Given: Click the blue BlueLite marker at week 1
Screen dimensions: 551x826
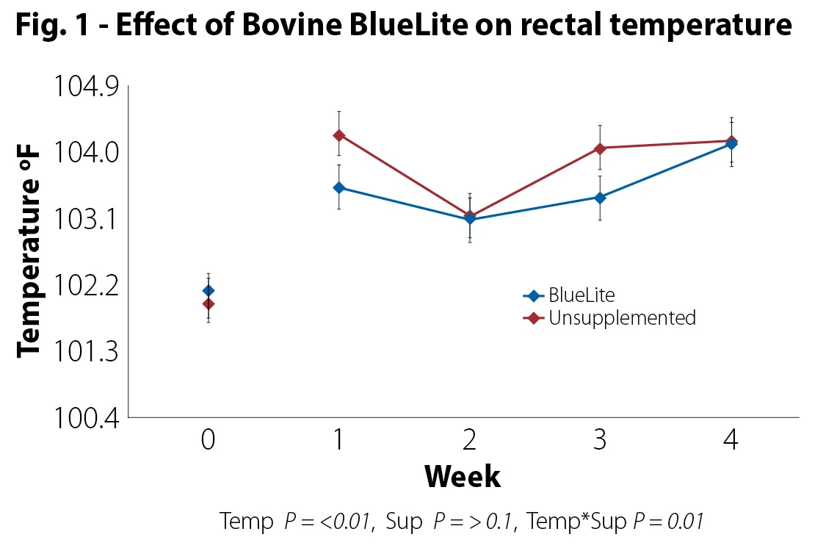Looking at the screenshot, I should pyautogui.click(x=338, y=187).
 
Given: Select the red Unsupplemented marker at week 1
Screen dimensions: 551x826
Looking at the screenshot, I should pyautogui.click(x=338, y=135).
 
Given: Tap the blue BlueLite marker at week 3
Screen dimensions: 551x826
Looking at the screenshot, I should pyautogui.click(x=600, y=198).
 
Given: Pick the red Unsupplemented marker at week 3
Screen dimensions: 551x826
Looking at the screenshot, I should pyautogui.click(x=600, y=148).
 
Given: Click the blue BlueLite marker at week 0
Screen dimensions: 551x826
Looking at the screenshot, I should pyautogui.click(x=209, y=291).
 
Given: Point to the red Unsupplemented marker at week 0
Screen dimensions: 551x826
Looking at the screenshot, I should pyautogui.click(x=209, y=303).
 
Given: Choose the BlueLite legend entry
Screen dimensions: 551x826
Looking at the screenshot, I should pyautogui.click(x=581, y=295).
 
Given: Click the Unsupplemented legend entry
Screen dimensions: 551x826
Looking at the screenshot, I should pyautogui.click(x=621, y=318).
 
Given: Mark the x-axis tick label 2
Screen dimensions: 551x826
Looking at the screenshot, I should pyautogui.click(x=469, y=440).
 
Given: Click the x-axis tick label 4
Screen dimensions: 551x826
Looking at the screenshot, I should pyautogui.click(x=731, y=440).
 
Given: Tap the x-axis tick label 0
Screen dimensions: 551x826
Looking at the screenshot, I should pyautogui.click(x=209, y=440).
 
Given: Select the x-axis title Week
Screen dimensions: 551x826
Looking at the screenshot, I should pyautogui.click(x=463, y=477).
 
